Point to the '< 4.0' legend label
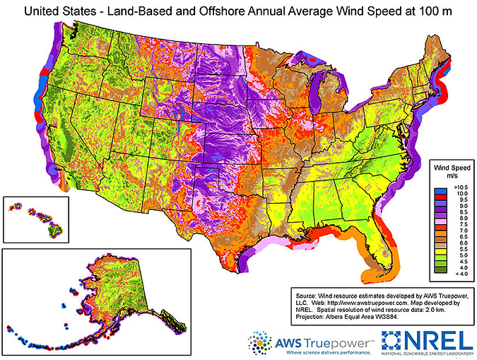454,274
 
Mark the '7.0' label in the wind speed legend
454,229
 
